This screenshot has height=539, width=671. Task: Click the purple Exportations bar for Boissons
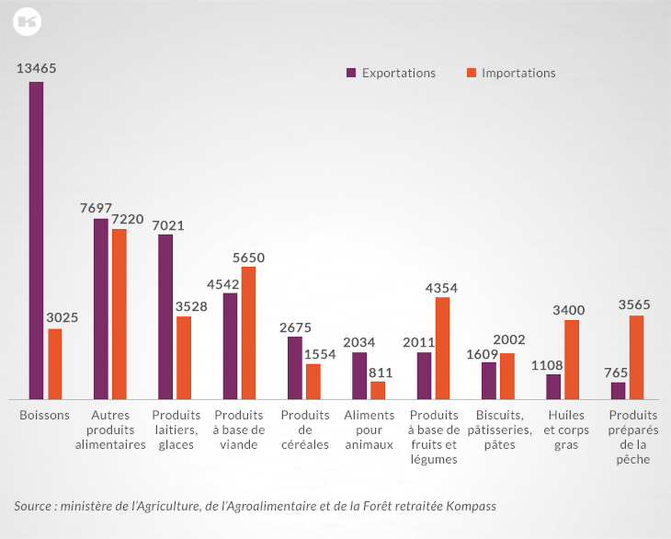coord(36,240)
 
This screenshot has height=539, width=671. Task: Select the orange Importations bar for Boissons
coord(55,363)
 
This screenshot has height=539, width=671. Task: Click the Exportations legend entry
coord(391,73)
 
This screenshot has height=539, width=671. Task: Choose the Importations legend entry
coord(511,73)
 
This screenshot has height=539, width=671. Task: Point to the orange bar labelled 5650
coord(248,332)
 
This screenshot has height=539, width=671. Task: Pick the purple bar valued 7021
coord(165,316)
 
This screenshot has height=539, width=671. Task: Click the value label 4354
coord(441,288)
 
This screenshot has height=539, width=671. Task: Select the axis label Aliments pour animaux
coord(369,430)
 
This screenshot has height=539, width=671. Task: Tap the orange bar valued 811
coord(378,389)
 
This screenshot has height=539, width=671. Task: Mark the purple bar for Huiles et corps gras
coord(553,386)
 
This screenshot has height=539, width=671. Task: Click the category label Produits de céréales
coord(305,430)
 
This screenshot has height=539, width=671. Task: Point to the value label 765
coord(617,372)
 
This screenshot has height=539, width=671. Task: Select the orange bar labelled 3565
coord(636,357)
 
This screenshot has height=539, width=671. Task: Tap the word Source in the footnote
coord(33,506)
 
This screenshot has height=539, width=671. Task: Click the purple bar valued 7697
coord(101,308)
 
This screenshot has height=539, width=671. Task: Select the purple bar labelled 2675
coord(294,367)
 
